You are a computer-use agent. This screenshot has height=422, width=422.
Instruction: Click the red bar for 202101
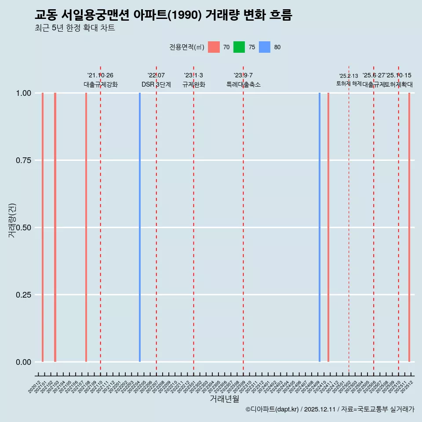[43, 227]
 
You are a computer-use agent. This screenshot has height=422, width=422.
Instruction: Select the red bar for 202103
[55, 227]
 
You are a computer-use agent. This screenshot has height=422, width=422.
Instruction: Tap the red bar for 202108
[86, 227]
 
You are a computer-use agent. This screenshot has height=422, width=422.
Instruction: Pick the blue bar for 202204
[140, 227]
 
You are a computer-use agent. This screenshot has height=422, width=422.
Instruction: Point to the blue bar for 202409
[320, 227]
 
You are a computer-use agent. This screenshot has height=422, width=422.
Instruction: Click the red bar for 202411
[328, 227]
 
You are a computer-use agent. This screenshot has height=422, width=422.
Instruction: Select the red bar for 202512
[409, 227]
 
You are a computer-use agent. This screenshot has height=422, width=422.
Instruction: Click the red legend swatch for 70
[214, 47]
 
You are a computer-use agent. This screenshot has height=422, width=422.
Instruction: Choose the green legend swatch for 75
[239, 47]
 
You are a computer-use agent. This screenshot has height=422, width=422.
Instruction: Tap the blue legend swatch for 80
[265, 47]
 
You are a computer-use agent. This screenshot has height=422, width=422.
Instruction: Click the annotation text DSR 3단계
[156, 84]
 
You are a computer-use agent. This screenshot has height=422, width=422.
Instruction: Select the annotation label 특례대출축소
[244, 84]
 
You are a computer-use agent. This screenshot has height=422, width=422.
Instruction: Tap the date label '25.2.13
[349, 76]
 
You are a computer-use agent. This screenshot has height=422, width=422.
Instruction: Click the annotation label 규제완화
[194, 84]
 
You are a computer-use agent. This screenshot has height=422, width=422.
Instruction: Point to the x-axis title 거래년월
[225, 399]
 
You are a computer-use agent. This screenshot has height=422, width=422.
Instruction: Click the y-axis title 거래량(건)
[12, 221]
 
